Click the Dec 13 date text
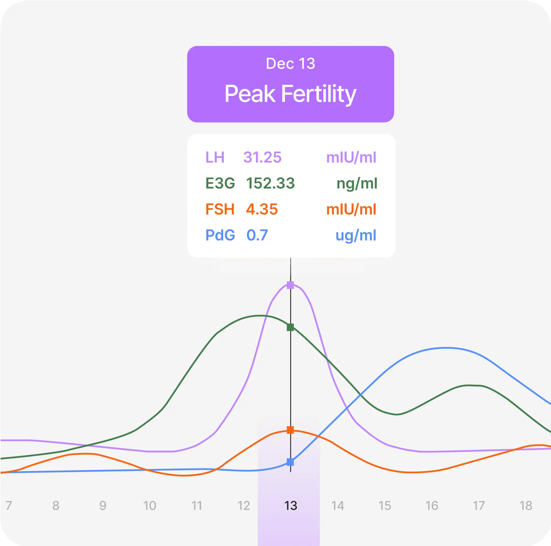(x=290, y=63)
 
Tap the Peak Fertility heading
(x=290, y=94)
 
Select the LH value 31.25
(x=262, y=157)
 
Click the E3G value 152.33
(x=270, y=183)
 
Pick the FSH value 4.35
(x=262, y=209)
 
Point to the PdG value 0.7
(x=257, y=235)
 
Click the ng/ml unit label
(x=357, y=184)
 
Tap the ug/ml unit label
(x=356, y=236)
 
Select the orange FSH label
(x=220, y=209)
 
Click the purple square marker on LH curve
(x=290, y=285)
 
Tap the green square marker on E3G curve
(x=290, y=327)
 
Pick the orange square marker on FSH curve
(x=290, y=430)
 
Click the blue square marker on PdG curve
(x=290, y=462)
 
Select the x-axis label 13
(x=290, y=506)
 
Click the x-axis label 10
(x=149, y=506)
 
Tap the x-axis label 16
(x=431, y=506)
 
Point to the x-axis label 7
(x=9, y=506)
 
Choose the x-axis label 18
(x=525, y=506)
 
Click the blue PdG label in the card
(x=220, y=235)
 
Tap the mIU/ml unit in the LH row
(x=351, y=157)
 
